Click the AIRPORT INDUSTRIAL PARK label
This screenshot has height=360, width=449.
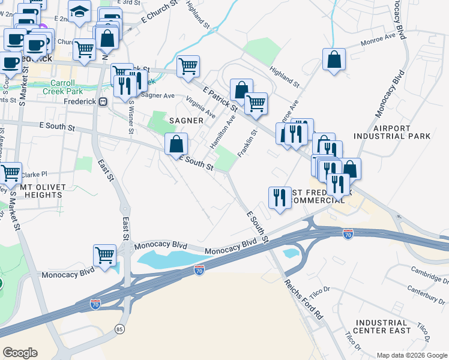coord(400,132)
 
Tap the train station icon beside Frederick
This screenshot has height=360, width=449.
coord(103,101)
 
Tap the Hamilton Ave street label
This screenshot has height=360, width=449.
coord(223,133)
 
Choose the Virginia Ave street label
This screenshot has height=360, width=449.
coord(200,106)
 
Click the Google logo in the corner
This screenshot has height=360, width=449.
coord(20,353)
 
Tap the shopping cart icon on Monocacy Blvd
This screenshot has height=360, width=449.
coord(105,254)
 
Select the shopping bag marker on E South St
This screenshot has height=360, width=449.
coord(176,143)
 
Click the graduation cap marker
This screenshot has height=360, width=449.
coord(79,12)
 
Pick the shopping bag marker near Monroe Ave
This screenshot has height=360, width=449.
coord(334,59)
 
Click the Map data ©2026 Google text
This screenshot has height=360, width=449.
coord(412,355)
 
